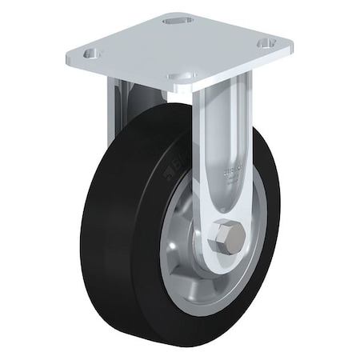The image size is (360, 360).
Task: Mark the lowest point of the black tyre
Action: (x=192, y=329)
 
